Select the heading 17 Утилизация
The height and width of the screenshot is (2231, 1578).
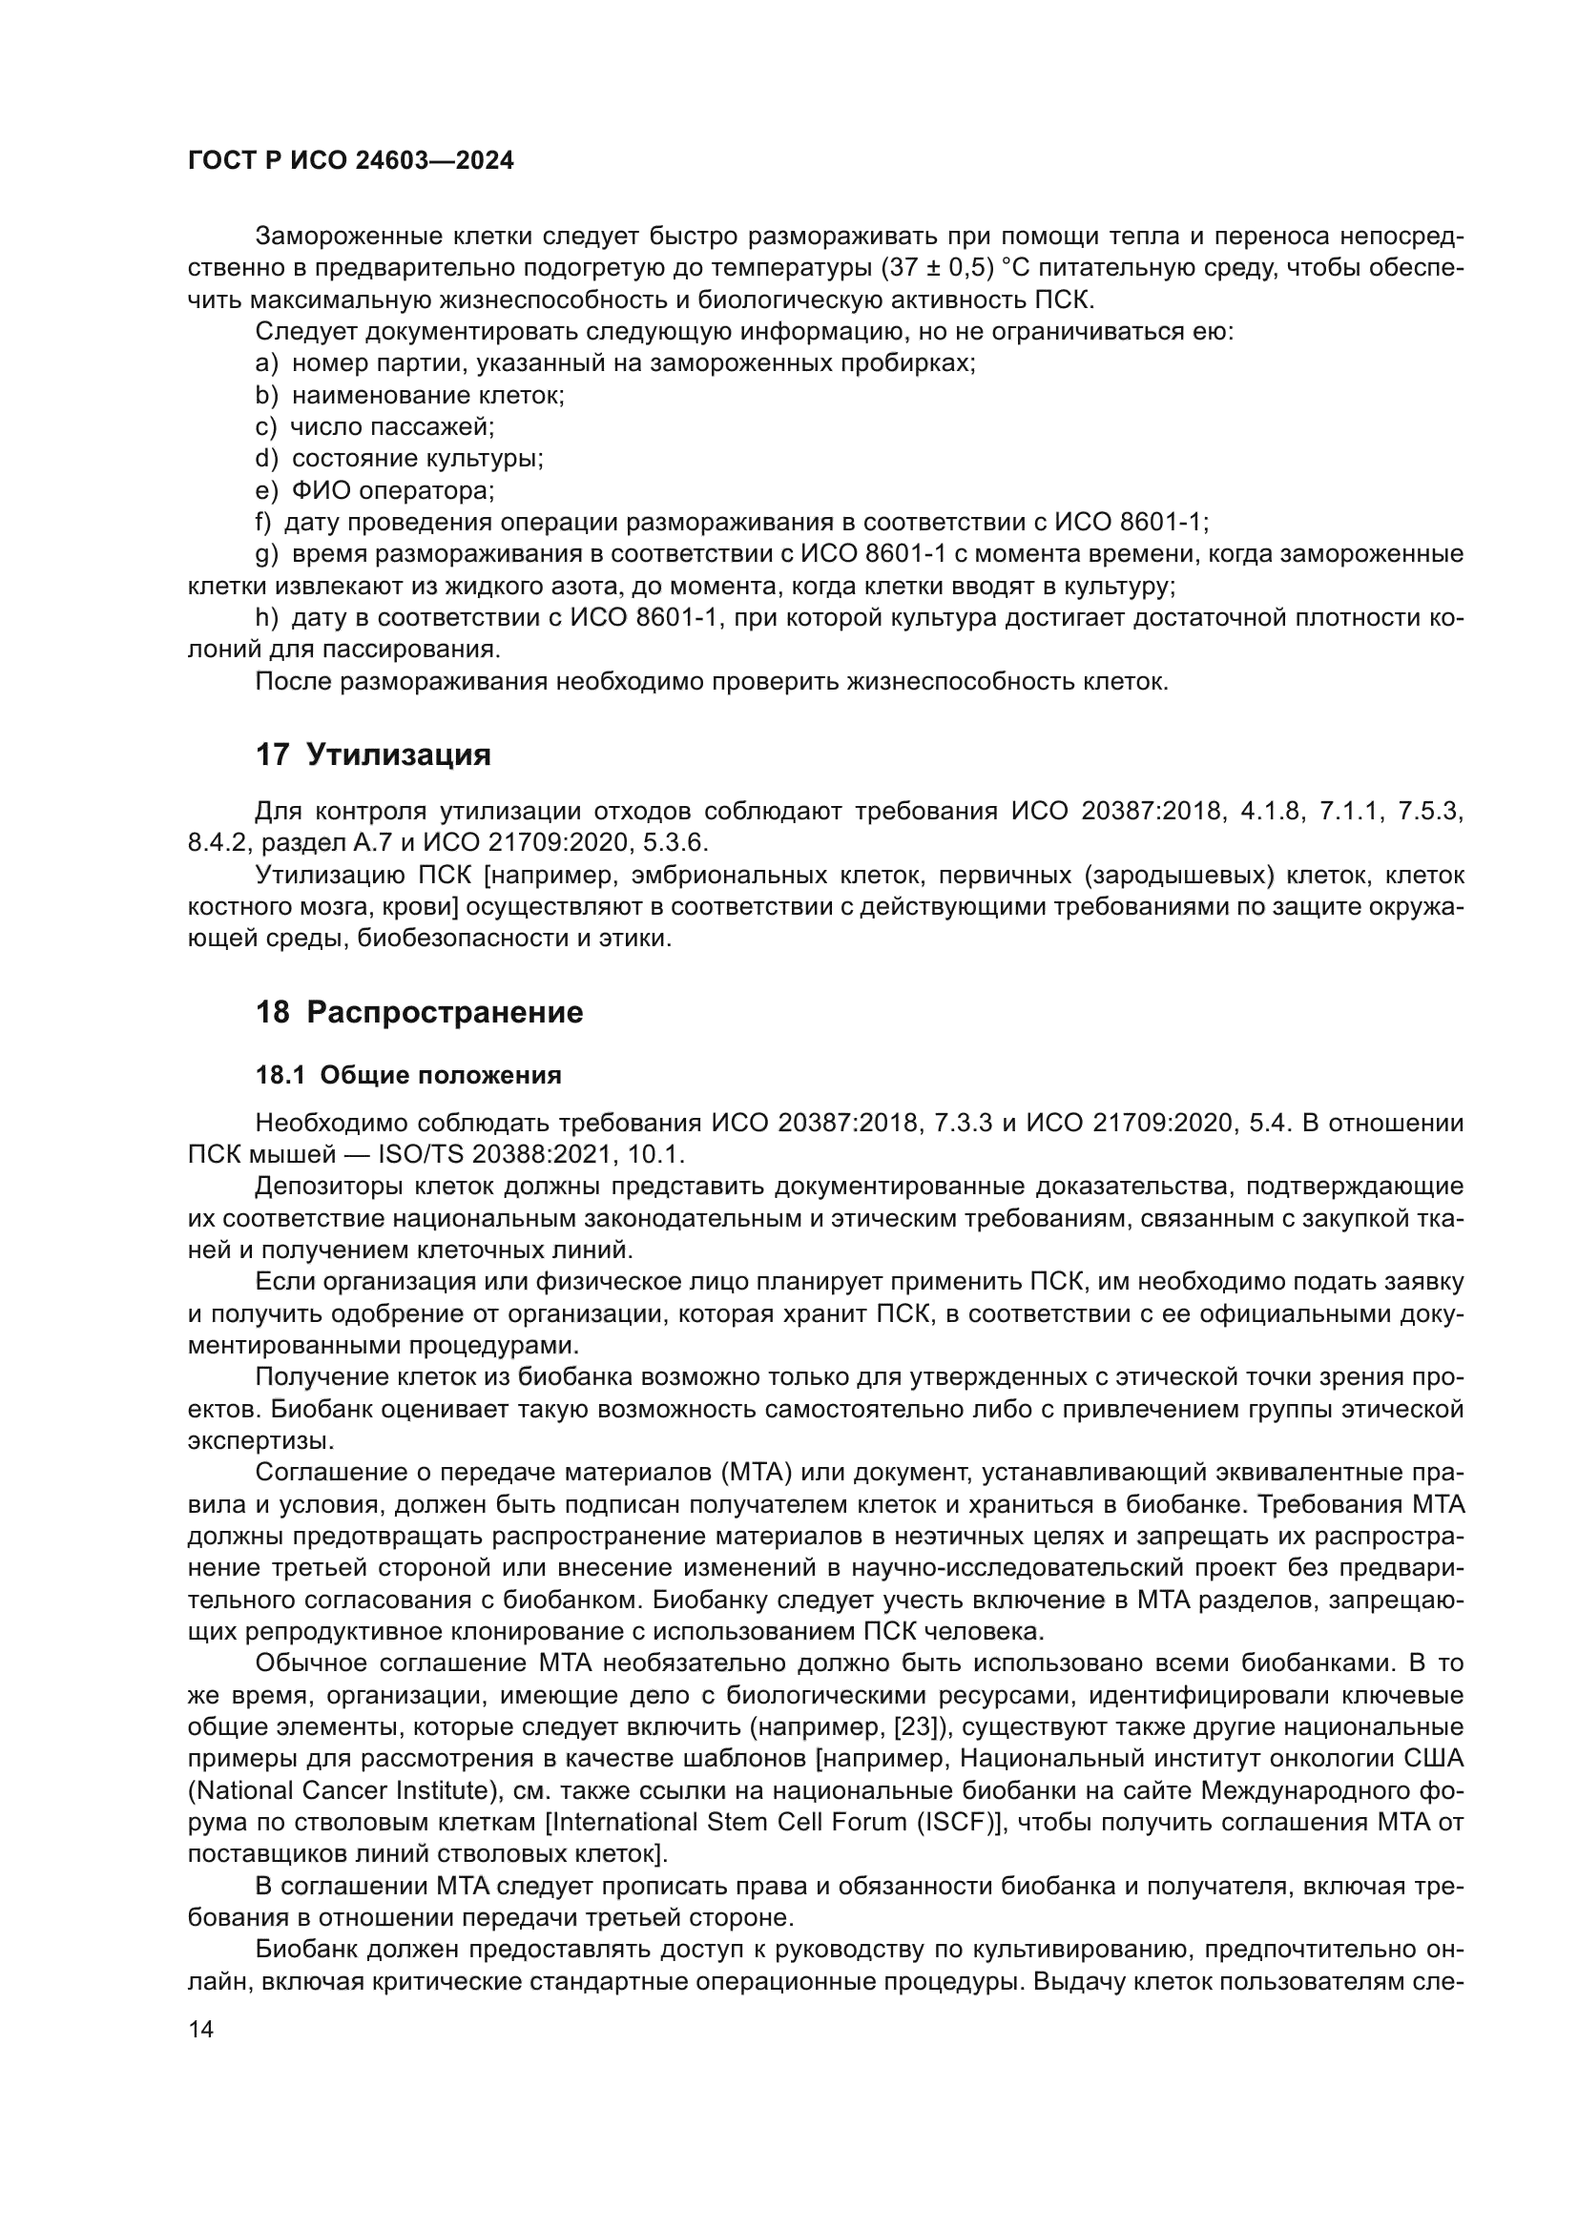tap(373, 754)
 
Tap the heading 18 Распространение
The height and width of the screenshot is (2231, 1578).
tap(419, 1011)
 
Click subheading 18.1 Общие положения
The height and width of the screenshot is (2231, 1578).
tap(408, 1075)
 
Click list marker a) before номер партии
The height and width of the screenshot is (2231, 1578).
tap(266, 363)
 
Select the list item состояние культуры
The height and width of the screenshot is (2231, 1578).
tap(417, 459)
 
